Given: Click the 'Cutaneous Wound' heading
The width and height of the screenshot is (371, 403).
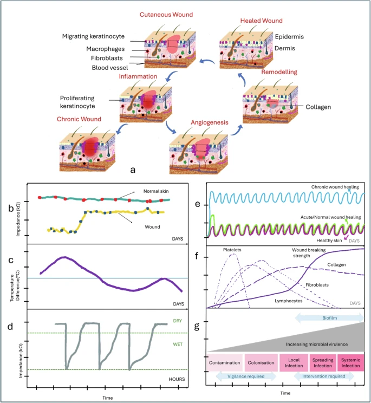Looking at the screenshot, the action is click(166, 15).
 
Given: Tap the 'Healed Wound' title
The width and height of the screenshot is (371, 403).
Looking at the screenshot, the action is click(261, 21).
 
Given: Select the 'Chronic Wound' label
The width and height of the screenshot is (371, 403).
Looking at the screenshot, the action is click(79, 119).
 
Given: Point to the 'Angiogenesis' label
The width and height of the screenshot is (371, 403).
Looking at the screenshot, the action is click(210, 122).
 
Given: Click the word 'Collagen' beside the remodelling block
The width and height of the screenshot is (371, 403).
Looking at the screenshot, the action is click(318, 107).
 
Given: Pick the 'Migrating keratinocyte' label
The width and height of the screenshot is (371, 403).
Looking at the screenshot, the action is click(93, 36).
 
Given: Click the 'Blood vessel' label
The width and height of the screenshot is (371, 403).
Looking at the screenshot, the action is click(110, 68).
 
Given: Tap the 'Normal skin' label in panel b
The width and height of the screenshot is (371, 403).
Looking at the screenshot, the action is click(156, 191).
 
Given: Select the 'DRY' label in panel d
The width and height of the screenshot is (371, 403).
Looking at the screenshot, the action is click(177, 321).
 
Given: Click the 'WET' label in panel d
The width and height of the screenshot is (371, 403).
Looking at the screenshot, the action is click(178, 344).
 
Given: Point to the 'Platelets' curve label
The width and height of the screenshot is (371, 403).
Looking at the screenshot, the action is click(232, 250).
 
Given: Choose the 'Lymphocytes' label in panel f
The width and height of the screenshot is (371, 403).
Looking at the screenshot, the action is click(289, 301).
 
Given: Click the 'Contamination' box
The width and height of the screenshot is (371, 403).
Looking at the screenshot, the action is click(225, 363).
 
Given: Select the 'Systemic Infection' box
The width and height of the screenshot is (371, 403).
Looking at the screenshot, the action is click(351, 363).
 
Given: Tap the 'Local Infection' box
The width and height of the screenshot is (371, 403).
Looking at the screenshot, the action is click(294, 363).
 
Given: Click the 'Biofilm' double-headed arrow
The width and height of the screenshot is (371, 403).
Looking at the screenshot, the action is click(330, 318).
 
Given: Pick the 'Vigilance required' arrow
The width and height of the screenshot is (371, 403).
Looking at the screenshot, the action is click(246, 376).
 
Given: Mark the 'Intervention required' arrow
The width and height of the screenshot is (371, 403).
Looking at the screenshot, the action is click(324, 376).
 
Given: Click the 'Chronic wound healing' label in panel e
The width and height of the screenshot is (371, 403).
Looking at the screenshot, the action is click(335, 187).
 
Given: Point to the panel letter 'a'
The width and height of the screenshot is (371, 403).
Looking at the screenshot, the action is click(133, 170).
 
